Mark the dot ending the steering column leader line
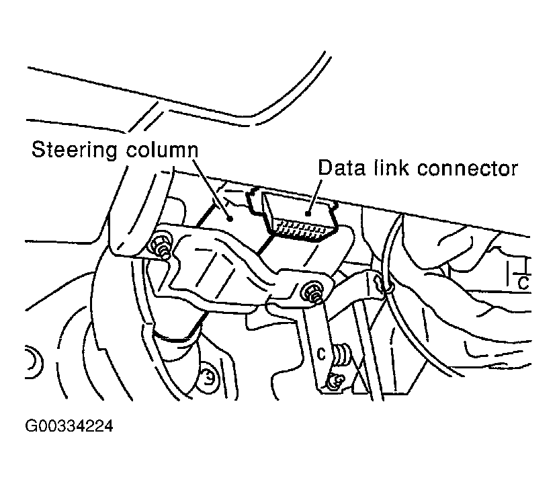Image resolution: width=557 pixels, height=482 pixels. pos(230,217)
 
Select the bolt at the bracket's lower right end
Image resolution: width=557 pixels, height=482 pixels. pos(314,292)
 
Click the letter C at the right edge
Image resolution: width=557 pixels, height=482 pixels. pos(522,283)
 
